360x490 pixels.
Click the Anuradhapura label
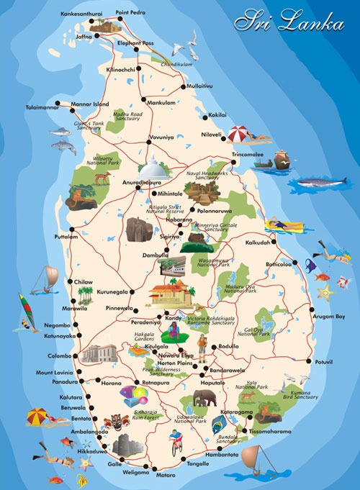pyautogui.click(x=143, y=183)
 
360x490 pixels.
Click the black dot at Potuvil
pyautogui.click(x=310, y=360)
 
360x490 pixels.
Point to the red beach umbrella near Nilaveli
pyautogui.click(x=239, y=134)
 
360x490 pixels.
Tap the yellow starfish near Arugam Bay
pyautogui.click(x=328, y=291)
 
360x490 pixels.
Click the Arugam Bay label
pyautogui.click(x=328, y=317)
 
